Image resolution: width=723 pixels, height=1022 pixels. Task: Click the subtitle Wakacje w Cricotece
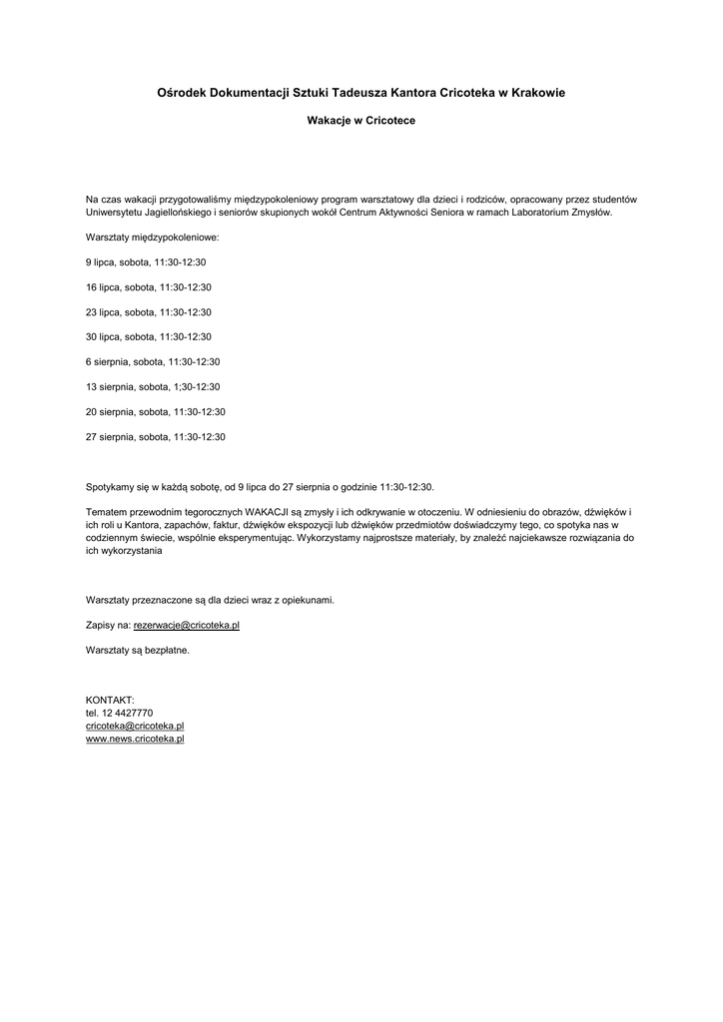pos(361,121)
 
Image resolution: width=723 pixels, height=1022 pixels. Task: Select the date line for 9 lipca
pos(146,262)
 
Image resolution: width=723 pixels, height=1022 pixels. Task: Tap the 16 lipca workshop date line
pos(149,287)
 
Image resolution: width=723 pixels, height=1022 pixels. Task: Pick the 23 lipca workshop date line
pos(149,312)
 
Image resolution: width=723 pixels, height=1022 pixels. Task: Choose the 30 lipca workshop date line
pos(149,337)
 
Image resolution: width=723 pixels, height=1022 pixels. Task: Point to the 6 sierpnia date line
pos(153,362)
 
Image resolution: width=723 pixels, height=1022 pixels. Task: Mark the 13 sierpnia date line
pos(153,387)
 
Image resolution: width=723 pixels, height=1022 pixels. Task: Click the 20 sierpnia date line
pos(156,412)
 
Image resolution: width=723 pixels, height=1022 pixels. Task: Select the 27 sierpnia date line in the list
pos(156,437)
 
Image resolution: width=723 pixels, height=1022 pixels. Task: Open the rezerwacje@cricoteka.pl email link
pos(187,625)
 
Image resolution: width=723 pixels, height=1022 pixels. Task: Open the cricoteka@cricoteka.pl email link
pos(135,727)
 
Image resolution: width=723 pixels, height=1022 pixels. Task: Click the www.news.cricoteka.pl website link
pos(135,740)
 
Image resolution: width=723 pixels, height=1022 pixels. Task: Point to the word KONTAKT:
pos(110,701)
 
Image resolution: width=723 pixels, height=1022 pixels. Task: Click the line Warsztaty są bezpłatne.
pos(138,650)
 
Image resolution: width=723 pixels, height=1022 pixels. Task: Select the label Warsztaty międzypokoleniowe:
pos(152,238)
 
